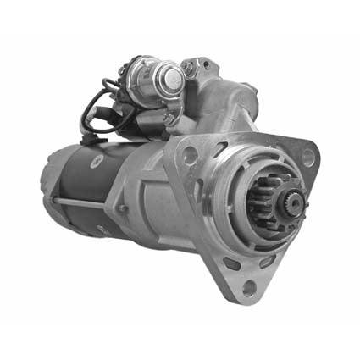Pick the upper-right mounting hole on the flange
[x=308, y=157]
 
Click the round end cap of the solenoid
[x=173, y=78]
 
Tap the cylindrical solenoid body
[x=147, y=80]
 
